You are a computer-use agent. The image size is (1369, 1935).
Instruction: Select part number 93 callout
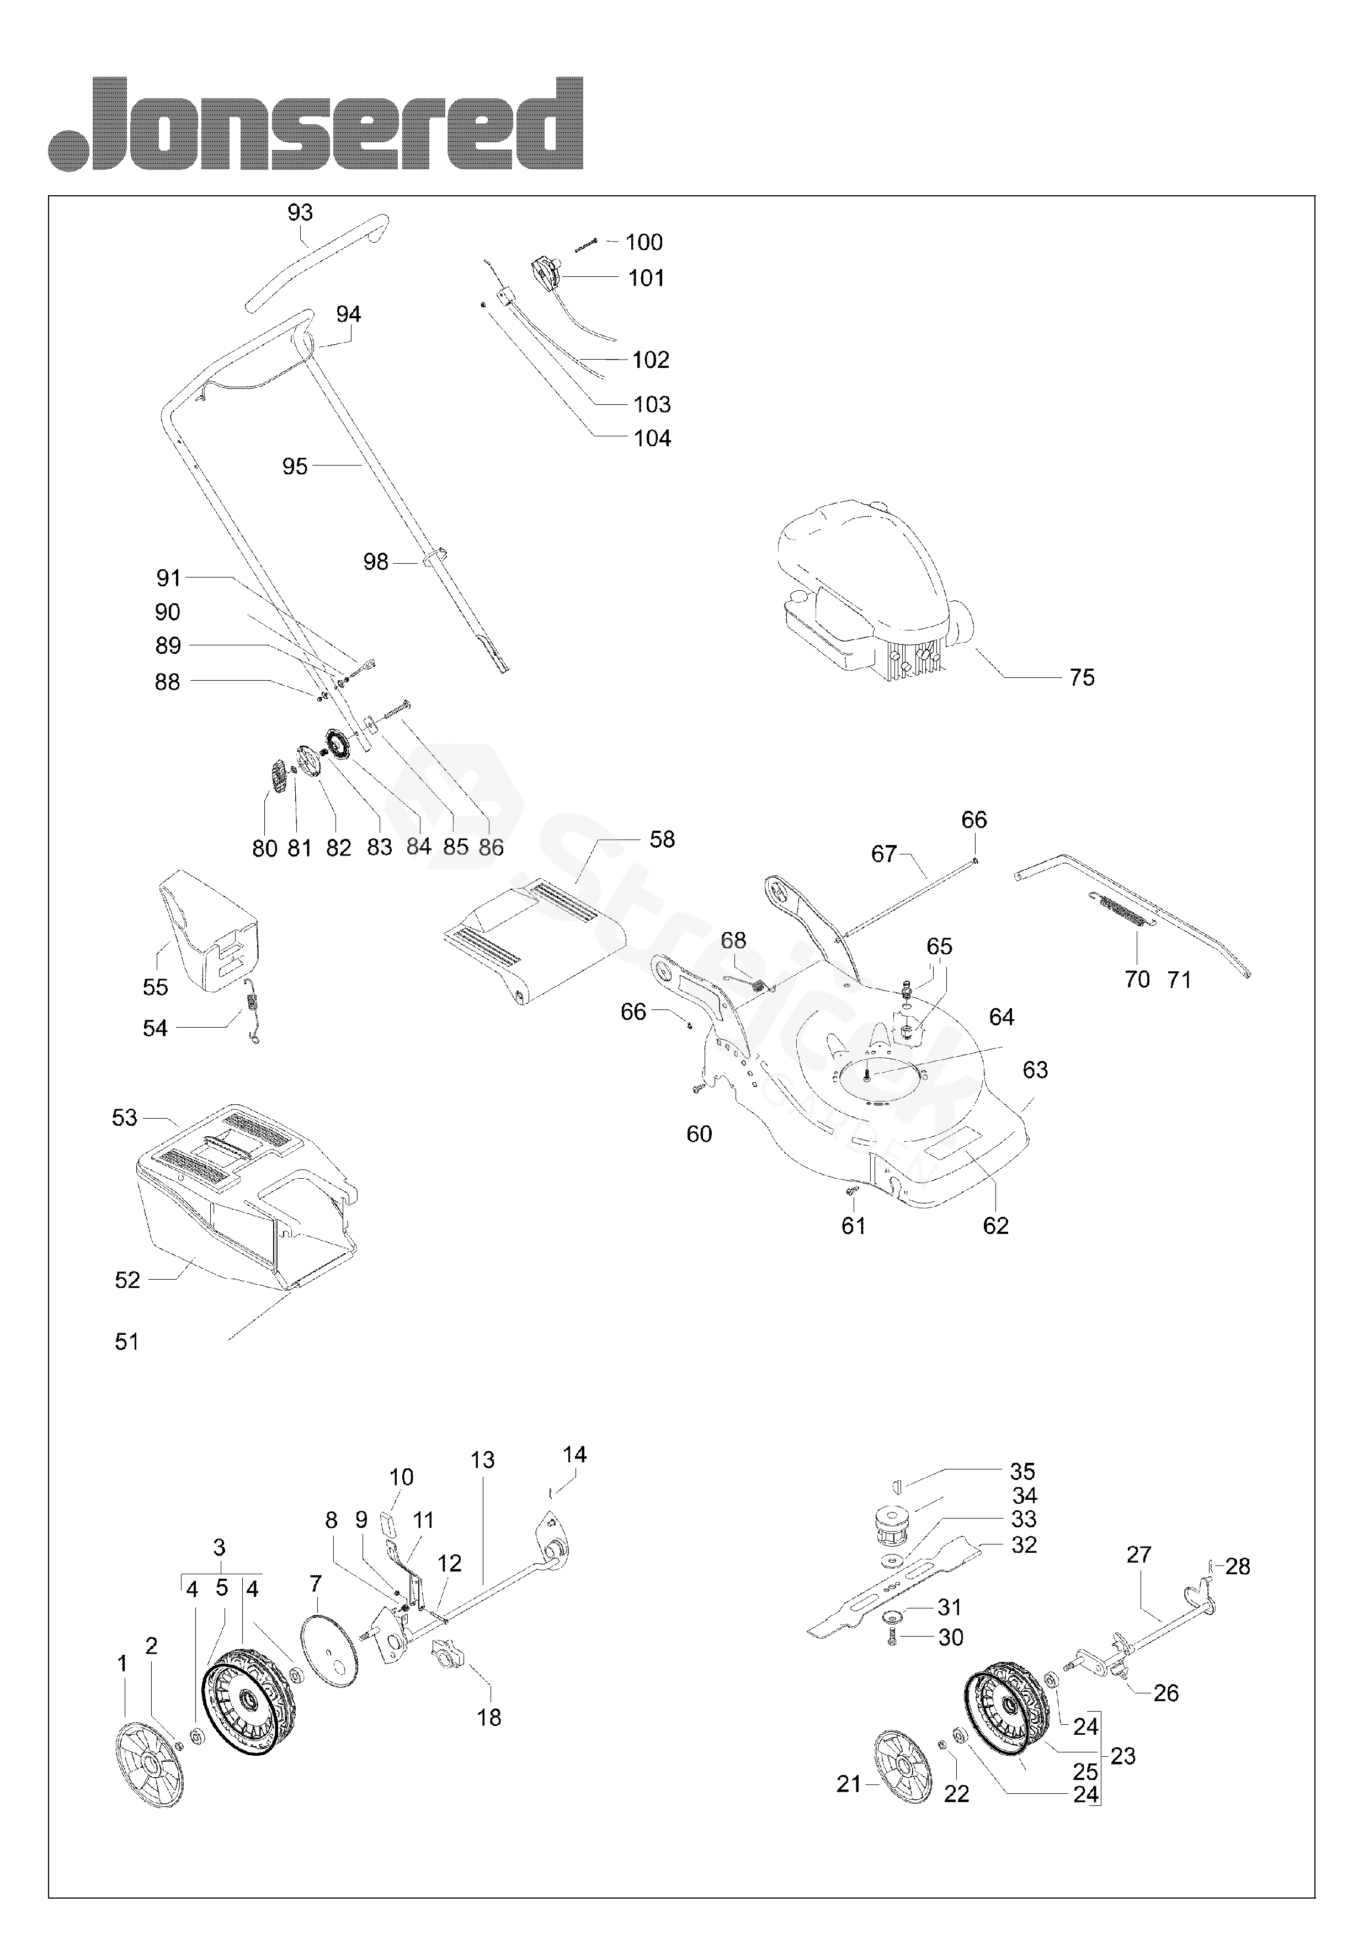point(300,212)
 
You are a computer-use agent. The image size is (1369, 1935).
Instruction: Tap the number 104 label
point(652,438)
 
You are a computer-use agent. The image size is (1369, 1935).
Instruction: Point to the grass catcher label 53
point(125,1118)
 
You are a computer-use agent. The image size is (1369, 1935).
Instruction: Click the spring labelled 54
point(251,1011)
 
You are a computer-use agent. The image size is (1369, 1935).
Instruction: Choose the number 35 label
point(1022,1471)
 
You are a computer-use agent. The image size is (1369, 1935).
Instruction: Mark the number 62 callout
point(995,1226)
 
